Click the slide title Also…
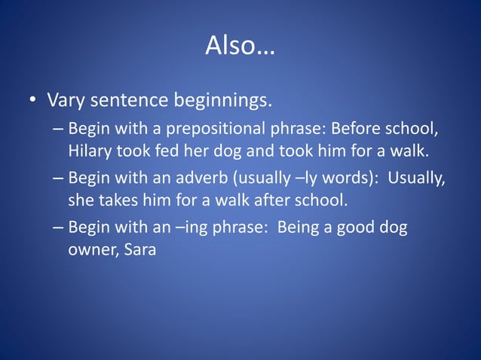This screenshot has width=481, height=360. pyautogui.click(x=240, y=47)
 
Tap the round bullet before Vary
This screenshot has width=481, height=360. pyautogui.click(x=32, y=100)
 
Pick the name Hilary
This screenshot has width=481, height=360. pyautogui.click(x=90, y=151)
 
